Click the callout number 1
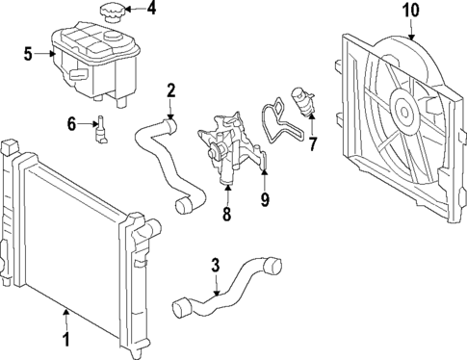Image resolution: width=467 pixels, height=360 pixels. [x=66, y=339]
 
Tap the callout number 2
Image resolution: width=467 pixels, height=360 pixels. [x=170, y=91]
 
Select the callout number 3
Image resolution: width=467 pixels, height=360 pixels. [x=216, y=265]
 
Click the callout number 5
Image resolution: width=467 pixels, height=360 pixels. [x=28, y=54]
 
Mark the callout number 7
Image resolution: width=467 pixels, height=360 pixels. [x=311, y=143]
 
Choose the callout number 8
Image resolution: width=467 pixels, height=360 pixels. [x=227, y=215]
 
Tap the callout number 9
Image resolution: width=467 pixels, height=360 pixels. [x=264, y=201]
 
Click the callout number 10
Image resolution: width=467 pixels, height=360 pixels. [x=411, y=11]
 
